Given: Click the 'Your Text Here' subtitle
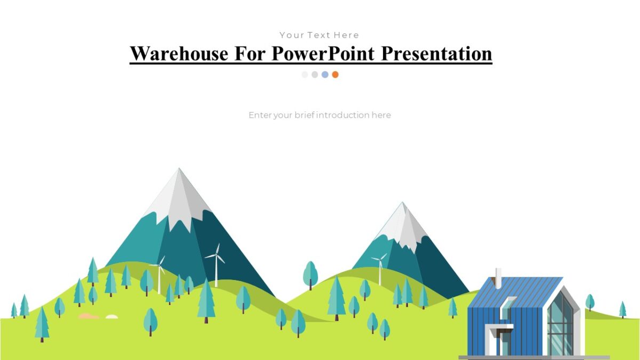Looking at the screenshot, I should (319, 35).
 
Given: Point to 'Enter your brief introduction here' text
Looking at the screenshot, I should (319, 115).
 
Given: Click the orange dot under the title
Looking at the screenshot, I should (335, 75).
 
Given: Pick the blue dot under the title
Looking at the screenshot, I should (325, 75).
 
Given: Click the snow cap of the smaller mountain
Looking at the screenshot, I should (404, 224).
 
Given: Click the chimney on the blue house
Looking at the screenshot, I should (498, 278).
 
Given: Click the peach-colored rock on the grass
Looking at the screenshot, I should (89, 316).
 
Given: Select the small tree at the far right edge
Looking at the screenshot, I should (622, 309).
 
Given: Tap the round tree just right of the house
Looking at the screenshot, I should (590, 302).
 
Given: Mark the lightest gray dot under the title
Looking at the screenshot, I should (305, 75).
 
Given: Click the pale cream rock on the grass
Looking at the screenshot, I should (111, 317).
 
